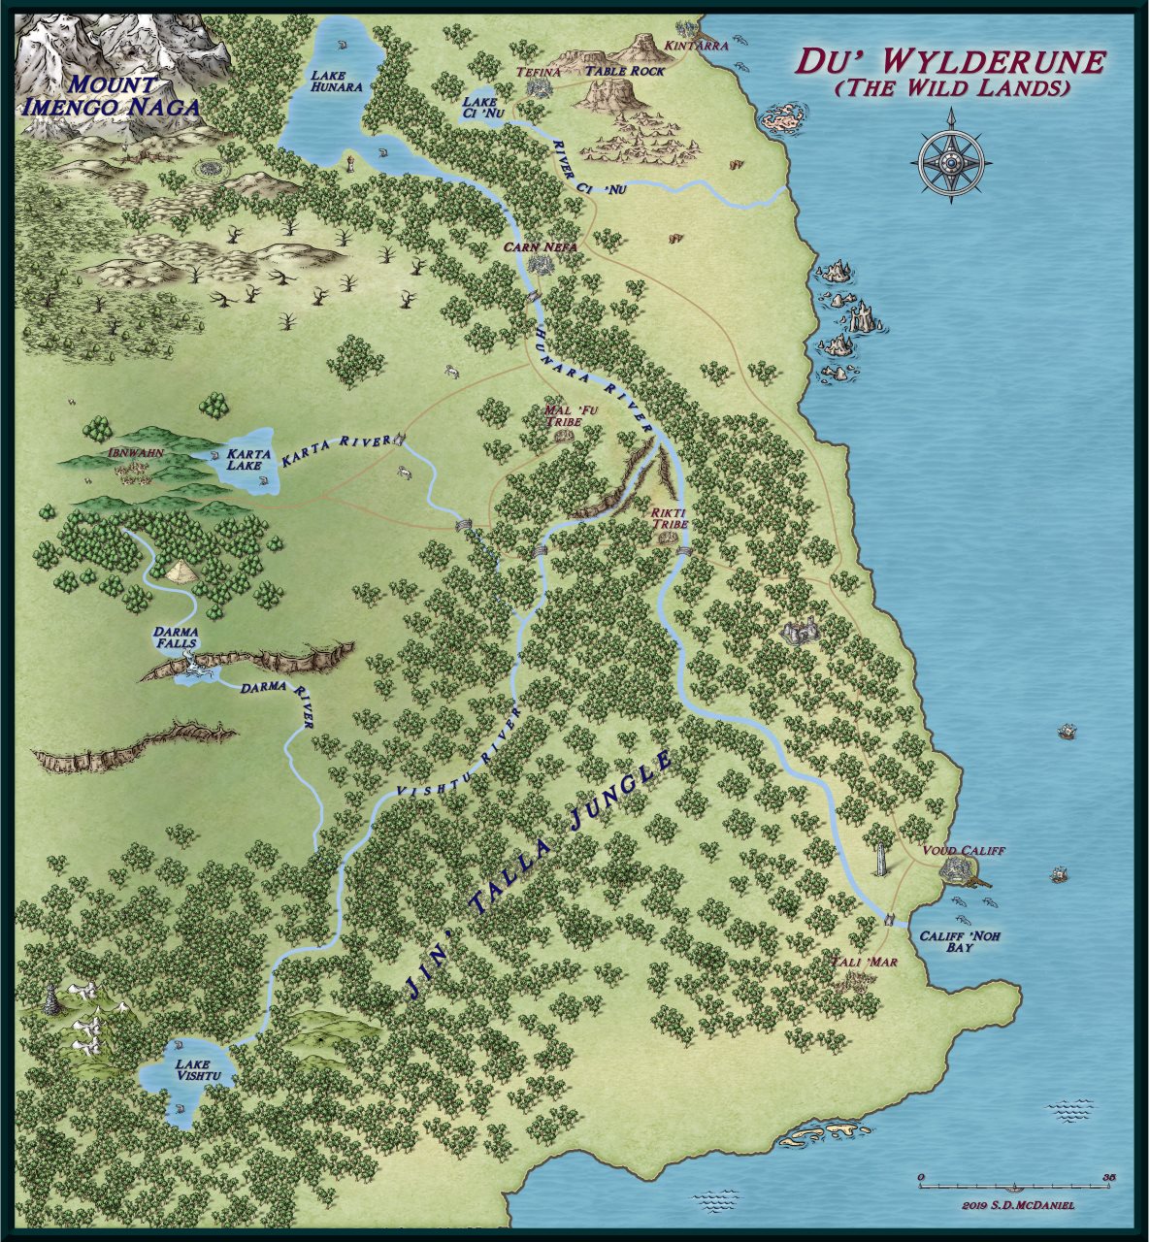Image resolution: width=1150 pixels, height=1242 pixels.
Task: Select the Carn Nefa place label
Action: pos(541,247)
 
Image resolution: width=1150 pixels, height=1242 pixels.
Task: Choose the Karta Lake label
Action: pos(243,459)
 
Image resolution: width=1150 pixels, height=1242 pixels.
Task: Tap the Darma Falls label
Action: pos(175,637)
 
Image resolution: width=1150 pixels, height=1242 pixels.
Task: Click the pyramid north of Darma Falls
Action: pos(181,572)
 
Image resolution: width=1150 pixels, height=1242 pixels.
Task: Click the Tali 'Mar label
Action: pos(865,963)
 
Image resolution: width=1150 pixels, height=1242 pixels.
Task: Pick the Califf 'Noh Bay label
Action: pos(960,941)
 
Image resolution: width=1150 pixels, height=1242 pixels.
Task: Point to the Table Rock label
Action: pos(631,72)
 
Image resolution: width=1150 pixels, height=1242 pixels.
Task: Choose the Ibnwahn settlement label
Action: pos(135,453)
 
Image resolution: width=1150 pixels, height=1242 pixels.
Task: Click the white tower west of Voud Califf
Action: pos(880,858)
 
